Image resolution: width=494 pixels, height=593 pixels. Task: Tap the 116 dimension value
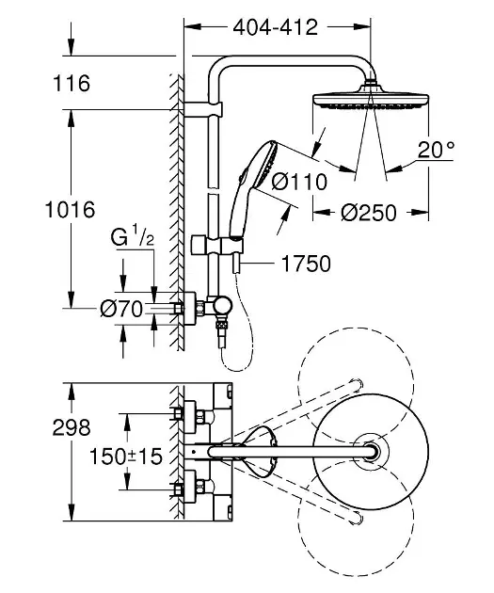[x=72, y=85]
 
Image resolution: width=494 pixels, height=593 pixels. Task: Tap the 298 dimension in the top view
[x=72, y=428]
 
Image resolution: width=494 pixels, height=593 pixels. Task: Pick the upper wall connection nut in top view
[x=179, y=413]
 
